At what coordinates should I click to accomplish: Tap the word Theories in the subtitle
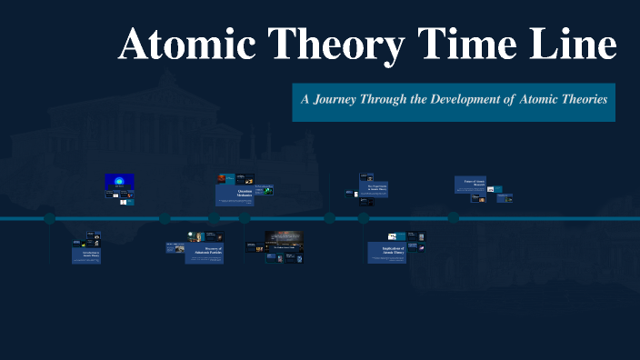tap(581, 99)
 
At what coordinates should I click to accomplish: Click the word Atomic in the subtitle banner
tap(536, 99)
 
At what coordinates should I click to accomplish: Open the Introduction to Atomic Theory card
tap(85, 255)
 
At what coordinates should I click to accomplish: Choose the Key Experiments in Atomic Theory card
tap(376, 186)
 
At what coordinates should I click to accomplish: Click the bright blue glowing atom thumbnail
tap(119, 182)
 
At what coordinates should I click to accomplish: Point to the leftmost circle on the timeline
tap(49, 218)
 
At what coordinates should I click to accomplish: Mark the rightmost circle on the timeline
tap(453, 218)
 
